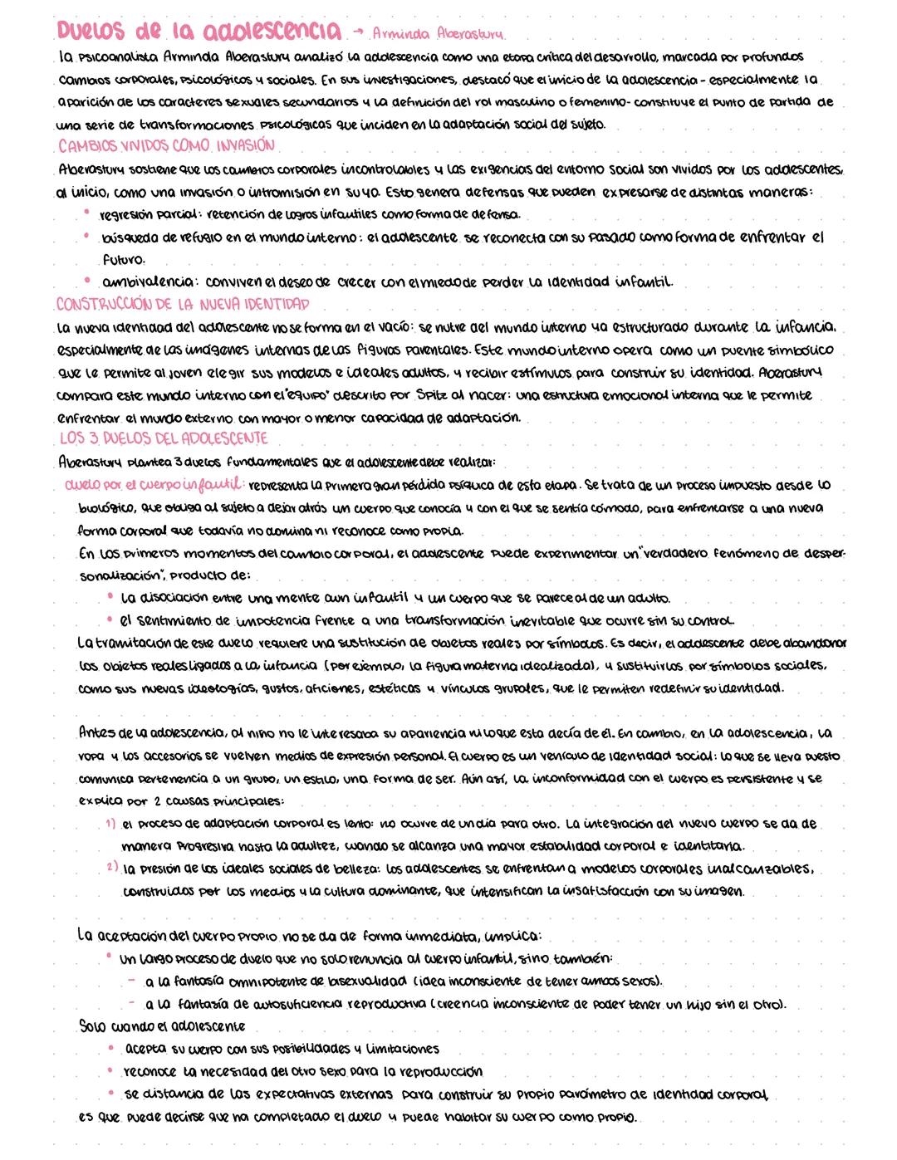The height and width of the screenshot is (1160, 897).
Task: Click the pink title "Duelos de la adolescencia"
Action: click(x=199, y=31)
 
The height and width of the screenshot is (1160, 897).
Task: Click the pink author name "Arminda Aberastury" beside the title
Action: click(x=439, y=34)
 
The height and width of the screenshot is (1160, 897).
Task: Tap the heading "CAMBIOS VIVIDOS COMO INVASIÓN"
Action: click(x=166, y=145)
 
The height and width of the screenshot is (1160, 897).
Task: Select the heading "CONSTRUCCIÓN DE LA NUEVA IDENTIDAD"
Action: click(x=183, y=302)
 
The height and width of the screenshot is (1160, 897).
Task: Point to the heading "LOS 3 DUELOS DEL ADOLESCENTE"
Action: click(x=164, y=438)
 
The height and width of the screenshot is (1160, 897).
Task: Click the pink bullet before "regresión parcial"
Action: click(x=86, y=213)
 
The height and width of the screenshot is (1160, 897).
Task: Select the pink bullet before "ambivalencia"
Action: click(x=86, y=280)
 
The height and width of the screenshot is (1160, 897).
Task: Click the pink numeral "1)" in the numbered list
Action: click(x=110, y=825)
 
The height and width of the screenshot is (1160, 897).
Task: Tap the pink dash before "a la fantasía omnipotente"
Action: click(x=131, y=981)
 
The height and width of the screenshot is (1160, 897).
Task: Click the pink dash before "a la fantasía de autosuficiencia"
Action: click(x=131, y=1003)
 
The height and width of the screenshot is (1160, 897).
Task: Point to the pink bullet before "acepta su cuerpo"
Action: click(x=110, y=1048)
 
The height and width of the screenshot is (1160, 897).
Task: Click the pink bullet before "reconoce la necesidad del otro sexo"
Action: click(x=110, y=1070)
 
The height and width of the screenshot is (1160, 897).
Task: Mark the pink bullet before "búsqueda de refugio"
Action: click(x=86, y=236)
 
